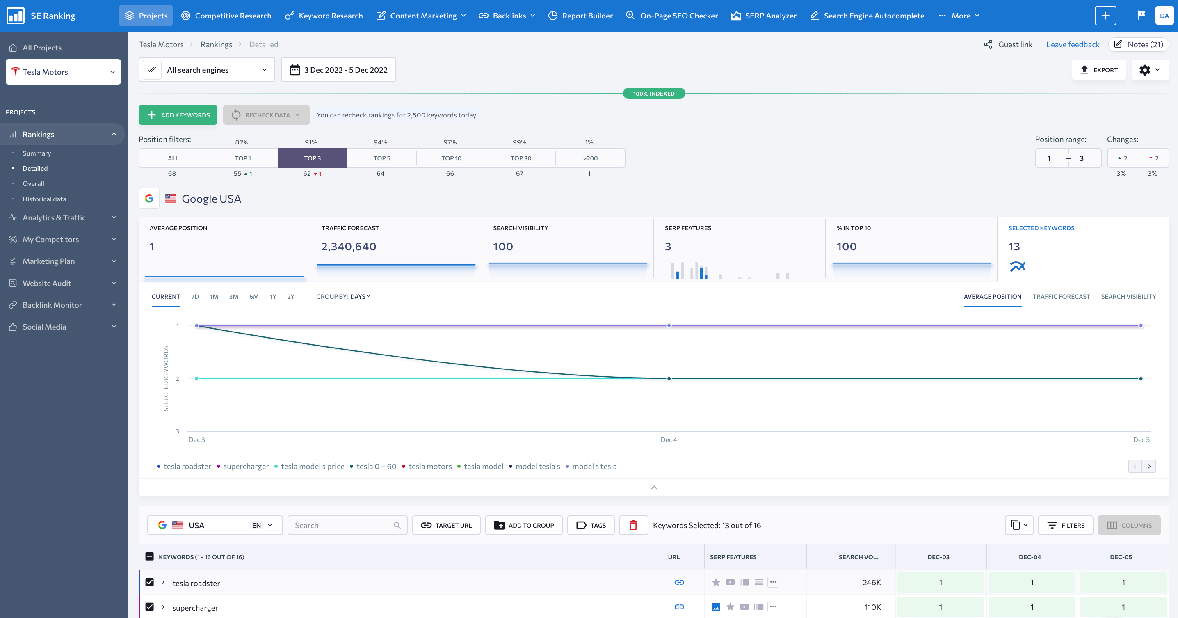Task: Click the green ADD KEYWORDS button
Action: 178,115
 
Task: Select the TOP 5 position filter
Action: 381,158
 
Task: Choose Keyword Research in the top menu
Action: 324,16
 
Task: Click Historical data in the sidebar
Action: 44,199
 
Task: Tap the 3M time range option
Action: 233,296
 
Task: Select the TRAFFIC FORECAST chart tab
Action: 1061,296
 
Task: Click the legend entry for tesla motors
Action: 430,466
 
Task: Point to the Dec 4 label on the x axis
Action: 669,439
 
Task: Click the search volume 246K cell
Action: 871,582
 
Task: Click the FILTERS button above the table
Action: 1066,525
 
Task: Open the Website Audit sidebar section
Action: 47,283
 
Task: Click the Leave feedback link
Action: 1072,44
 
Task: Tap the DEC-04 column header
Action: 1030,557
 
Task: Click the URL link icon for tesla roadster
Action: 679,582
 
